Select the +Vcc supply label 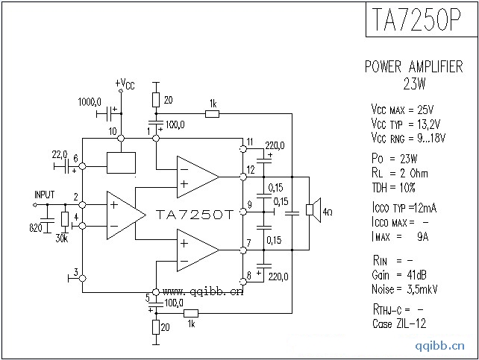point(125,83)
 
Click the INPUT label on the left point(44,195)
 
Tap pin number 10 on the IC point(112,131)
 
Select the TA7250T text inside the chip point(195,214)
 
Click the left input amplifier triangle point(123,215)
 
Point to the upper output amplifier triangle point(195,176)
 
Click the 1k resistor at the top point(213,113)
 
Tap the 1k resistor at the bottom point(190,314)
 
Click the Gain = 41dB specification point(399,276)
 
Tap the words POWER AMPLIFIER point(413,66)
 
